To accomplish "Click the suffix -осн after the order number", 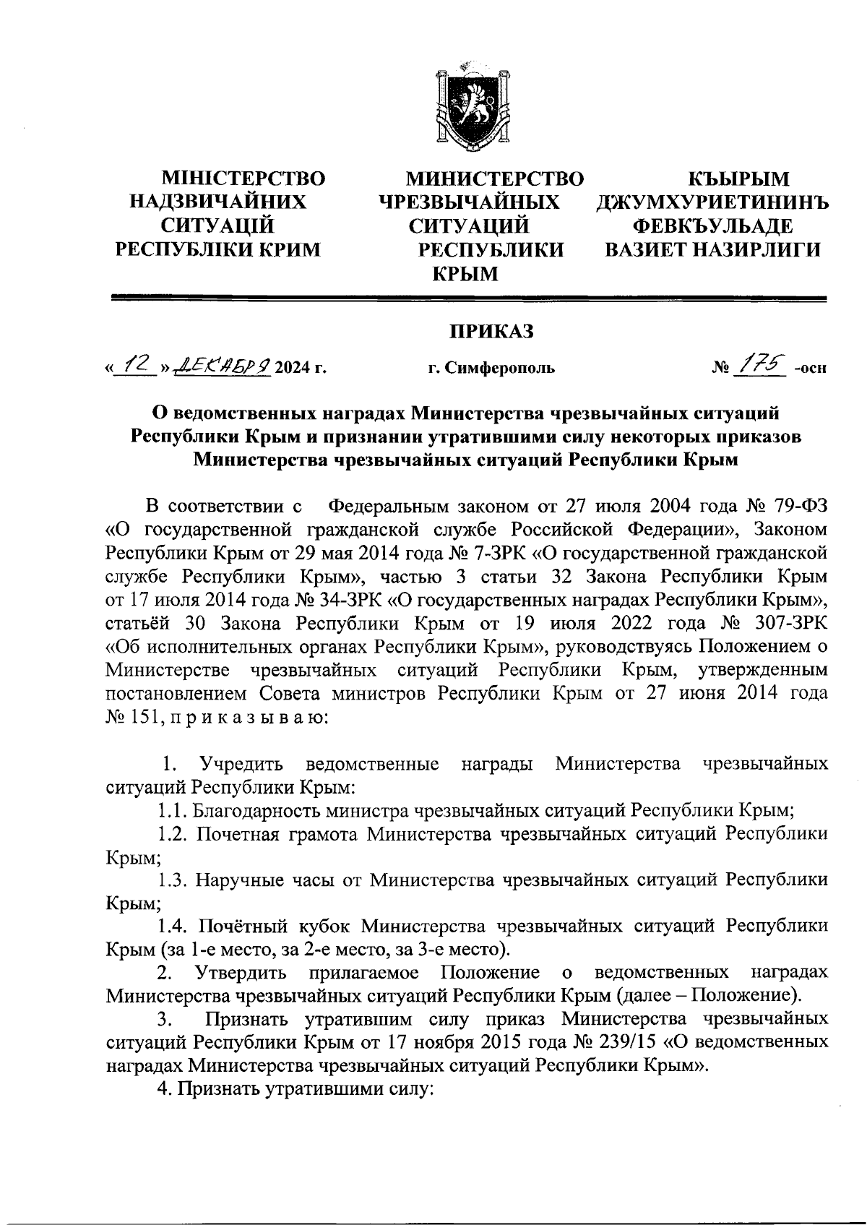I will pyautogui.click(x=809, y=369).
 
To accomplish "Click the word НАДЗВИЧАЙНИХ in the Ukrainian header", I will pyautogui.click(x=217, y=202).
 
